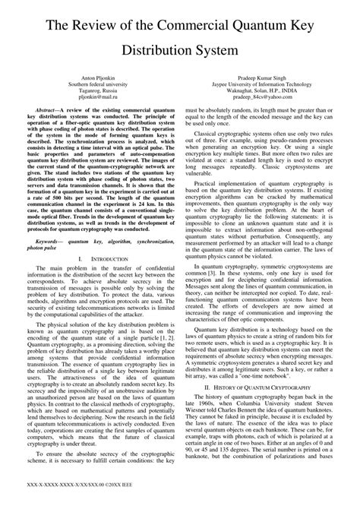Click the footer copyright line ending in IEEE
[x=79, y=501]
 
